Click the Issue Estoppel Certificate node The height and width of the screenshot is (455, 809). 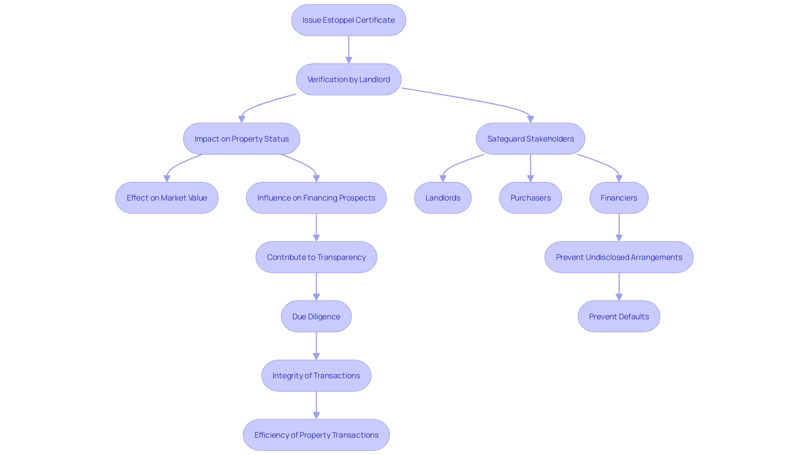pos(348,20)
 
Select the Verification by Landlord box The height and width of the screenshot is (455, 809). pos(348,80)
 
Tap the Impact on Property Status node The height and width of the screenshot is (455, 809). pos(241,139)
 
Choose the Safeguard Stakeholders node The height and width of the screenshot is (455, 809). pos(530,139)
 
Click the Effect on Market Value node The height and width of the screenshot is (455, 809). pos(167,198)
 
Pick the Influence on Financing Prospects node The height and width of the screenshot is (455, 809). pos(316,198)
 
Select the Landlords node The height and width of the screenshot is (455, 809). pos(443,198)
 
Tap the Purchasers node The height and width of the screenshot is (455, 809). pos(530,198)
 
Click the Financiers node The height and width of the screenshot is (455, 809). pos(619,198)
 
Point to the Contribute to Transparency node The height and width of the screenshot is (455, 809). pos(316,257)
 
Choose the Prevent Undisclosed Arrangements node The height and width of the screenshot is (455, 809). pos(619,257)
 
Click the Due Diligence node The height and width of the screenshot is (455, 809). pos(316,316)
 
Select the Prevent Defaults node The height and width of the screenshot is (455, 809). pos(619,316)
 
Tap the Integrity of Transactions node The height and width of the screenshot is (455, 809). pos(316,376)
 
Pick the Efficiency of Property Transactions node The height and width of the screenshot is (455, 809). pos(316,435)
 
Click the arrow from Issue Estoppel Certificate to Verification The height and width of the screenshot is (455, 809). pos(348,49)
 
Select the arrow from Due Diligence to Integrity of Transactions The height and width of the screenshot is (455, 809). pos(316,345)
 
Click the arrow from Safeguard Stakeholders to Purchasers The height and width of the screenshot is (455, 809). pos(530,167)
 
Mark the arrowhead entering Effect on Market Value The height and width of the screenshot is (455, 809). pos(167,179)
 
